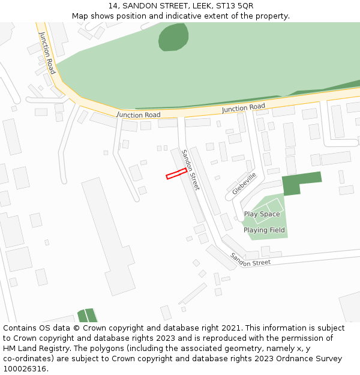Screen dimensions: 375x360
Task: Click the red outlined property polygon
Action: (x=176, y=174)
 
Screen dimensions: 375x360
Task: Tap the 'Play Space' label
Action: (x=262, y=214)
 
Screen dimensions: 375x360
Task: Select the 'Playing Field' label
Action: (x=264, y=230)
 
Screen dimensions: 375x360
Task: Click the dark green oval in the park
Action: (x=173, y=37)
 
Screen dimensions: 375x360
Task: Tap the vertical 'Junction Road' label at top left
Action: (x=47, y=53)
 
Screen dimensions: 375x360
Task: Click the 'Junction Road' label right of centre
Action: (x=243, y=108)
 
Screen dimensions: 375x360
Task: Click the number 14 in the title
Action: (x=113, y=6)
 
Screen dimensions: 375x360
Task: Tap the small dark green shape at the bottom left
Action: (x=87, y=315)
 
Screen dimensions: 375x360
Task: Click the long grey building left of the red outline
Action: (x=108, y=234)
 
